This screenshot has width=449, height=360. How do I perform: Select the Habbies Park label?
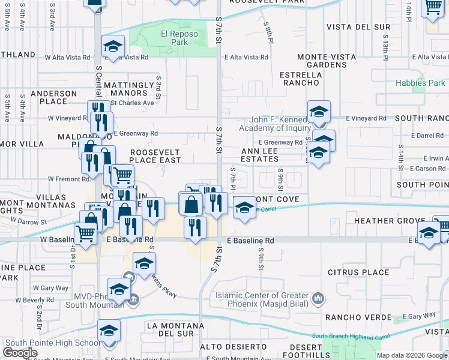point(420,83)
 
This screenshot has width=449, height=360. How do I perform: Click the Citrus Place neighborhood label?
point(358,272)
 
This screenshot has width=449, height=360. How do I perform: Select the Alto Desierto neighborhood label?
point(233,347)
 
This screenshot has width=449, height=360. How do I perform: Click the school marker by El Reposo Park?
point(112,47)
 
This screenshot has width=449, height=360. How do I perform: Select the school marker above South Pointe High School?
point(109,331)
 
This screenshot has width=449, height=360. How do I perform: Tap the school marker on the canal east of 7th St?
point(244,208)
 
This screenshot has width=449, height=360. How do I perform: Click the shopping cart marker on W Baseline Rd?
point(85,234)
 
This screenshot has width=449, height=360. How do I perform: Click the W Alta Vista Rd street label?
point(68,58)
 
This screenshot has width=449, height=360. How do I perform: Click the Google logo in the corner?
point(20,353)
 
